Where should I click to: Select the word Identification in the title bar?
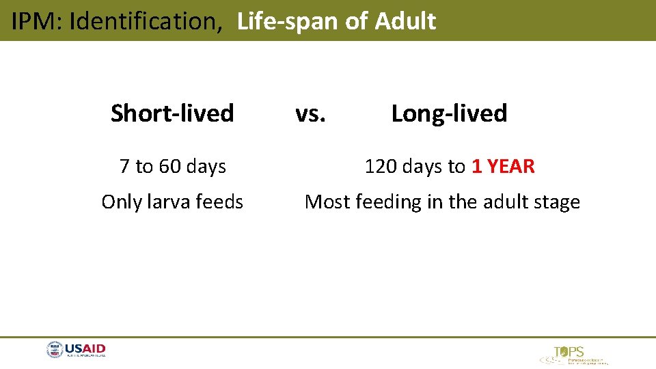143,22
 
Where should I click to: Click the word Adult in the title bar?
405,22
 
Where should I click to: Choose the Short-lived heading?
172,113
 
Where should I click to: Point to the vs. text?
310,113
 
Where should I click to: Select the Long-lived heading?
449,113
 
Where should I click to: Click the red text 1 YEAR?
503,166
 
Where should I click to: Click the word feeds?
219,202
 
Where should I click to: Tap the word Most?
326,202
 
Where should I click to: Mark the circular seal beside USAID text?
55,351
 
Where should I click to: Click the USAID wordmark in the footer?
85,349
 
